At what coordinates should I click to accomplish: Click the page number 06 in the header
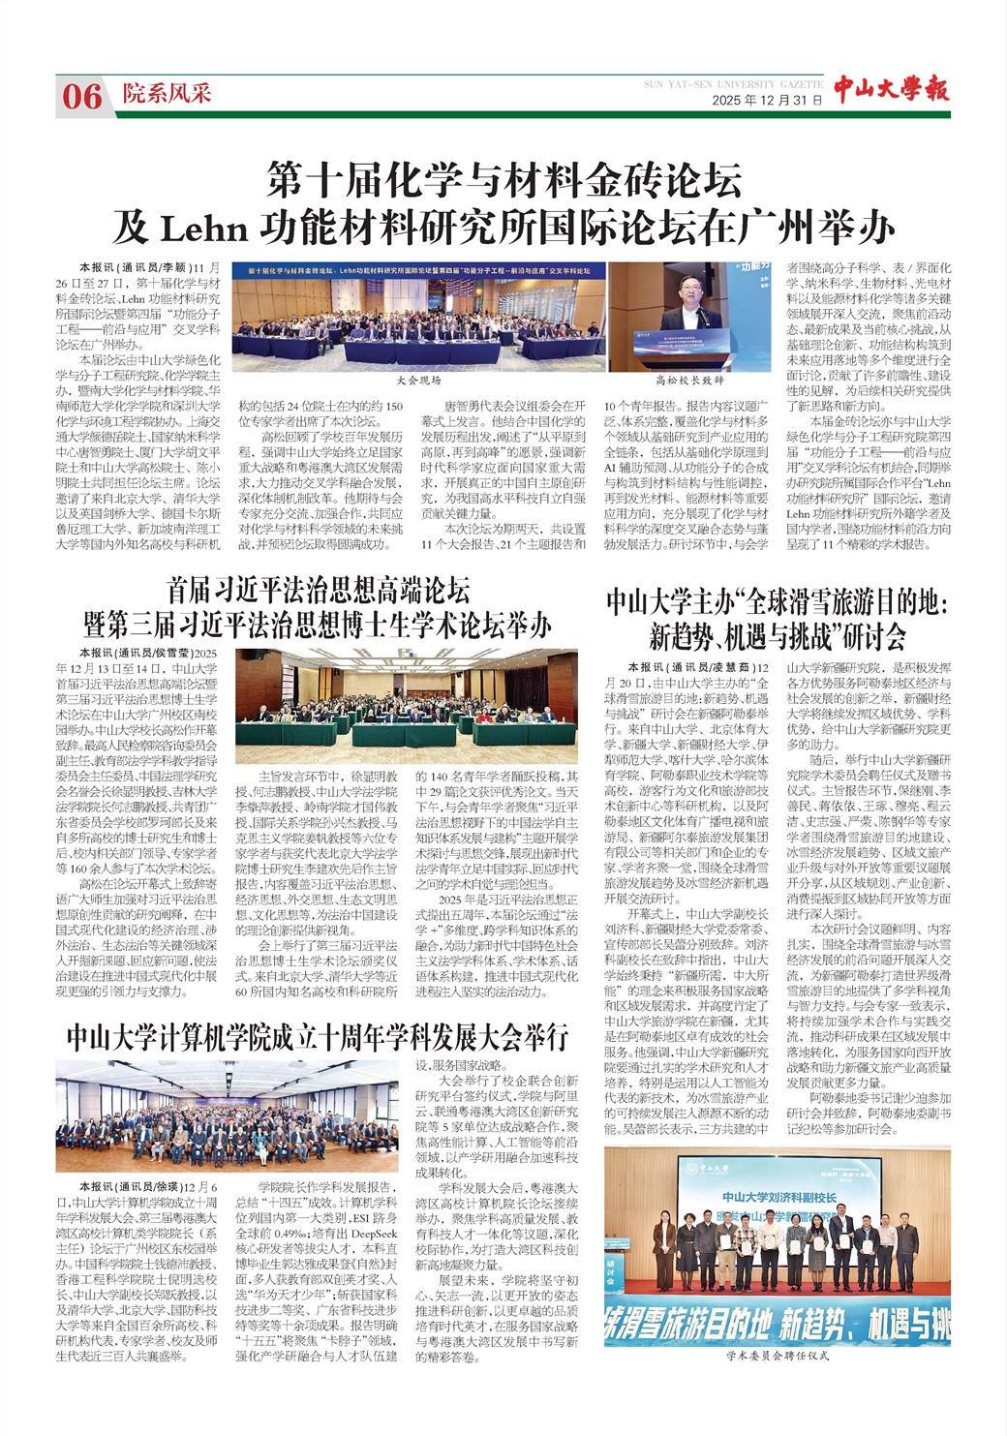coord(82,95)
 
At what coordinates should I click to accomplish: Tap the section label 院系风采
coord(167,94)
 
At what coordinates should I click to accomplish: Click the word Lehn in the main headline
coord(206,228)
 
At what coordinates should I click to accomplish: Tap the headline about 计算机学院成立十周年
coord(318,1038)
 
